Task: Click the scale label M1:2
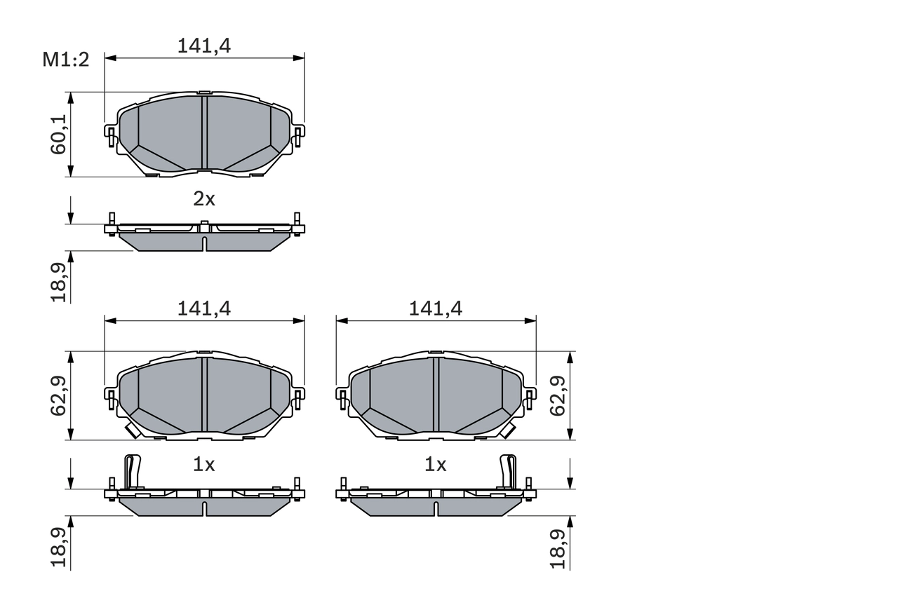tap(66, 60)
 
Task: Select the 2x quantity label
tap(204, 199)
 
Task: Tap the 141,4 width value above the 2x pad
tap(204, 46)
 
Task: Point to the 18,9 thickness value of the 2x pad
tap(60, 283)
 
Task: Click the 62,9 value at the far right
tap(558, 396)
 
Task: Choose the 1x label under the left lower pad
tap(204, 464)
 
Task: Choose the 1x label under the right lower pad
tap(436, 464)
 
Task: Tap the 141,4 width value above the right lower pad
tap(436, 308)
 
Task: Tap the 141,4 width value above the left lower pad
tap(204, 308)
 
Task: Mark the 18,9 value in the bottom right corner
tap(558, 548)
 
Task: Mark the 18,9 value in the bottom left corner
tap(60, 548)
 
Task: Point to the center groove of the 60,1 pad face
tap(204, 133)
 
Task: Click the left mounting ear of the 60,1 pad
tap(110, 135)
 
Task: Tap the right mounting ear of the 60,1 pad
tap(298, 135)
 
